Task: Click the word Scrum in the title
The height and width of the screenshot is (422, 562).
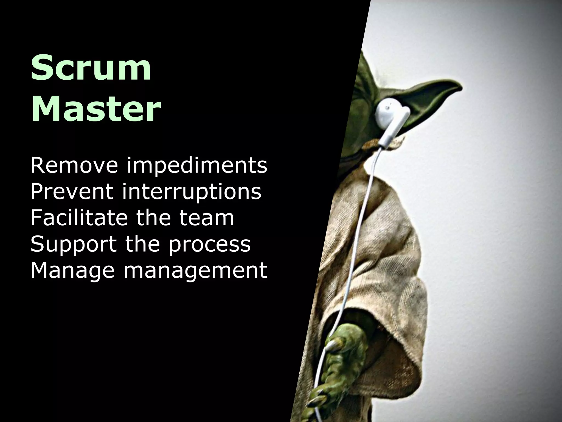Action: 91,68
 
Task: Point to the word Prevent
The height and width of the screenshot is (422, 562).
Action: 72,191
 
